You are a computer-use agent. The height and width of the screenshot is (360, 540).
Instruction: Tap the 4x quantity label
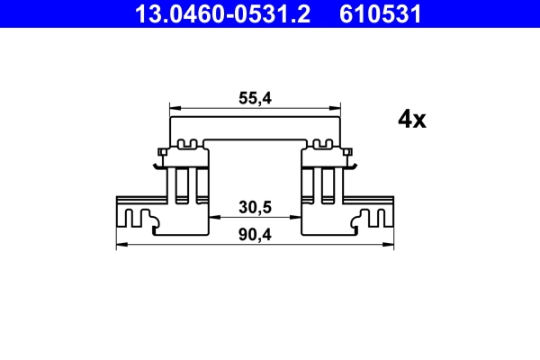(x=410, y=120)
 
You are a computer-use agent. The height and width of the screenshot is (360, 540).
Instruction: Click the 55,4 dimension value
(x=255, y=100)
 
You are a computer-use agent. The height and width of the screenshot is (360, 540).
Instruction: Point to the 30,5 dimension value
(x=255, y=207)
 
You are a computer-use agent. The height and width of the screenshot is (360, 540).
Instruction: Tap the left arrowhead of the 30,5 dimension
(x=214, y=217)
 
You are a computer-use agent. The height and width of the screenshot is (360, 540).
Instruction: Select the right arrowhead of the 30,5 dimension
(x=296, y=217)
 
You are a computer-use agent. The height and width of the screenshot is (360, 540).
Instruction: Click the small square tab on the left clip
(x=160, y=151)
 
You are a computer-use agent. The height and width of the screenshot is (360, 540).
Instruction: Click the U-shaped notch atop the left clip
(x=189, y=143)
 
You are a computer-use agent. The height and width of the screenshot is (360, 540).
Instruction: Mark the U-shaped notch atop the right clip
(x=321, y=143)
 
